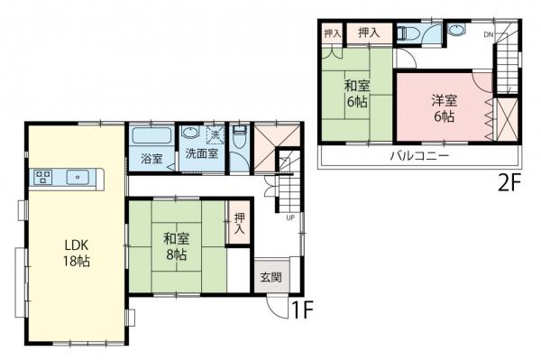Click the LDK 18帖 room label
point(75,253)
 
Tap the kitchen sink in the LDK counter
point(78,177)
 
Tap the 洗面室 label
point(201,154)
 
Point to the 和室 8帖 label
point(175,247)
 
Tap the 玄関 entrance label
point(270,278)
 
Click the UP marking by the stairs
point(289,217)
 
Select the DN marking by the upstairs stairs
point(488,35)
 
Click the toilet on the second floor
point(408,33)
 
